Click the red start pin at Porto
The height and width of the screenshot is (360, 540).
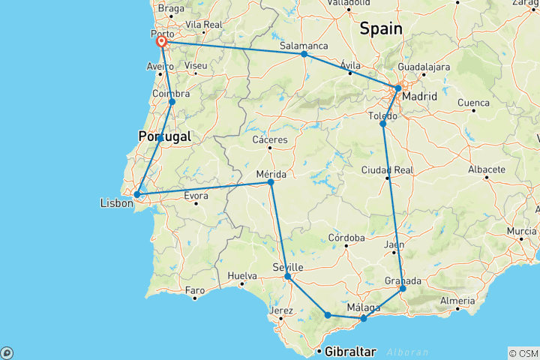[161, 42]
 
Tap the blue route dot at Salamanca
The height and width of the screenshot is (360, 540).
[304, 54]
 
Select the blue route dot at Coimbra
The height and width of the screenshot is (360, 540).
[172, 101]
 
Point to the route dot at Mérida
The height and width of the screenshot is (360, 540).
[271, 181]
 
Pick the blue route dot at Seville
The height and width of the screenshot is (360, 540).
[287, 277]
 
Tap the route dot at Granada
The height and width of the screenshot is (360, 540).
[403, 289]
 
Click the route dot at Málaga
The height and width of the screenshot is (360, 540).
[364, 319]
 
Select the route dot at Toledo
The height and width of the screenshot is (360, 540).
[382, 124]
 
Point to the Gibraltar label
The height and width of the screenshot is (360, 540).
[350, 351]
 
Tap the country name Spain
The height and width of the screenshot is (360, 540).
[380, 29]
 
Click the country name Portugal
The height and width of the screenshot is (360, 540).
[164, 136]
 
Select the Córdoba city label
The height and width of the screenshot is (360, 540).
[346, 238]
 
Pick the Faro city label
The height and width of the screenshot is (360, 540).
[195, 289]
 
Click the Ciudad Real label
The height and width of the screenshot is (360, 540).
[388, 170]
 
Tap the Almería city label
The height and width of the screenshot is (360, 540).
[458, 300]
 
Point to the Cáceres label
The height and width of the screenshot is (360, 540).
[271, 140]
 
